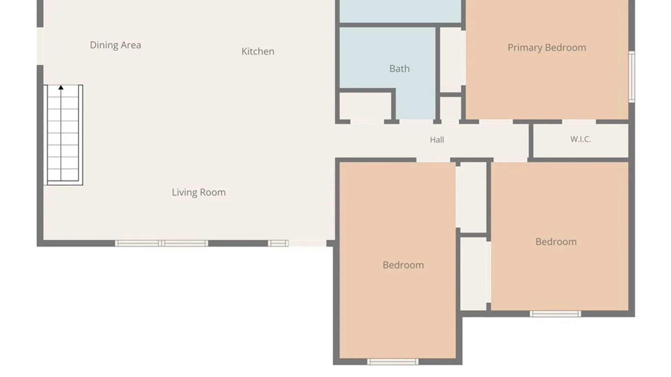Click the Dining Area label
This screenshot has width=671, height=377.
(115, 45)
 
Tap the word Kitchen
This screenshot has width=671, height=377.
(258, 51)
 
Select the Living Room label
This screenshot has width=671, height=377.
(199, 192)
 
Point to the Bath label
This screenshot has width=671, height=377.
(399, 68)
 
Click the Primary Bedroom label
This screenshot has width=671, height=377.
(547, 47)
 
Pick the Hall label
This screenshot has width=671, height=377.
(437, 140)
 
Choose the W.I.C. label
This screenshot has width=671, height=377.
(580, 139)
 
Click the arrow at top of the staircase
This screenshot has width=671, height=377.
(61, 87)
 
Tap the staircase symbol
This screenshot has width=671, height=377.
(63, 135)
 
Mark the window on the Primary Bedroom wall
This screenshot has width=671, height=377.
(632, 77)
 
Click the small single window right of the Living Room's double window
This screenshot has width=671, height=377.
(279, 243)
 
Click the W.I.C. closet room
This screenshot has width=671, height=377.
(580, 140)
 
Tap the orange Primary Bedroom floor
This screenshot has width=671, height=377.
(547, 59)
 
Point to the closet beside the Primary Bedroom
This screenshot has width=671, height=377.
(450, 60)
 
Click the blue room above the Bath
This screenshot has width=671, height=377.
(401, 11)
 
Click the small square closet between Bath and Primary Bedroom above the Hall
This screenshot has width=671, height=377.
(450, 108)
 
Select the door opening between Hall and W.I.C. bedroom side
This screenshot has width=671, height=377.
(510, 160)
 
